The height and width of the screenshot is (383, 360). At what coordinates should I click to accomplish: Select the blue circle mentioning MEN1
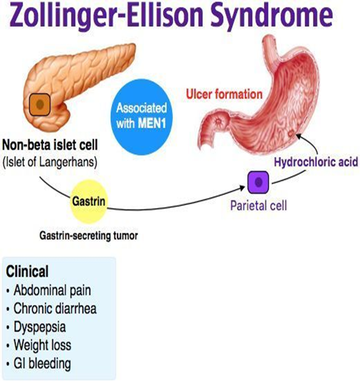(x=141, y=115)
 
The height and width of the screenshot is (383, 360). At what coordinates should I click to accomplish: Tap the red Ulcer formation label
(x=224, y=94)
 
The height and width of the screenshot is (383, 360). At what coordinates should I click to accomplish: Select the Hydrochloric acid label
(x=316, y=162)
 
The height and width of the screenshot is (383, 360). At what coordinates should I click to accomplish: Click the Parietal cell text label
(x=258, y=206)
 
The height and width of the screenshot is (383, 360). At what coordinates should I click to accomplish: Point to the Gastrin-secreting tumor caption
(x=88, y=236)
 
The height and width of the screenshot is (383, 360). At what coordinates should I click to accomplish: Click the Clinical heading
(x=27, y=271)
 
